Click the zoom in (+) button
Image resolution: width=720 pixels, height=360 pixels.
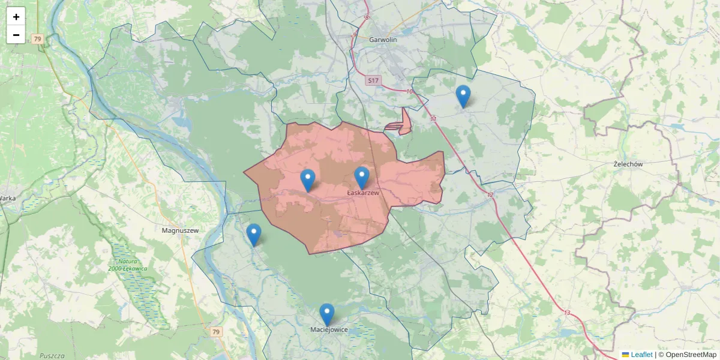coord(16,17)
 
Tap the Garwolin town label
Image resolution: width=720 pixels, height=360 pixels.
coord(383,40)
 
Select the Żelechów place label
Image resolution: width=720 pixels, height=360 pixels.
coord(628,164)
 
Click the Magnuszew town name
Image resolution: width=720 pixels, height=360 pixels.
coord(180,230)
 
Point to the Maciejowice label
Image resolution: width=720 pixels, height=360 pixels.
coord(329,329)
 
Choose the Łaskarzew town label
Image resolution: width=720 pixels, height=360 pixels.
coord(363,193)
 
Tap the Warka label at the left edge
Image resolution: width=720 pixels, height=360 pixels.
coord(7,197)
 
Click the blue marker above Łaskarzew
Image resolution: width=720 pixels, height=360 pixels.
coord(361,178)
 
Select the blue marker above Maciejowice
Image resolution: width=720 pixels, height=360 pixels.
coord(326,314)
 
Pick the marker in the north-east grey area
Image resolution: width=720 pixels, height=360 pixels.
coord(463,96)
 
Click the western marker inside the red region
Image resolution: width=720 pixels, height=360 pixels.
coord(307,180)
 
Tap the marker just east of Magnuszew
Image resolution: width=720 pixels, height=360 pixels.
coord(254,235)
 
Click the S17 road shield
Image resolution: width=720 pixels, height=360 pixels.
coord(373,80)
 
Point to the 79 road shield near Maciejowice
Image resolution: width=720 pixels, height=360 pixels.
coord(217,332)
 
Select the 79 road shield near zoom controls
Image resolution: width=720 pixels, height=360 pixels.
coord(38,39)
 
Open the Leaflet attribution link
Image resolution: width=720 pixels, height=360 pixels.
coord(641,355)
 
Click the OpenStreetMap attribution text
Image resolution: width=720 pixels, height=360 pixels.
coord(687,355)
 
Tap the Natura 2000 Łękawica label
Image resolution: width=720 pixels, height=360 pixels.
coord(128,265)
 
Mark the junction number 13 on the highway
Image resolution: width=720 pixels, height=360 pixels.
coord(567,313)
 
